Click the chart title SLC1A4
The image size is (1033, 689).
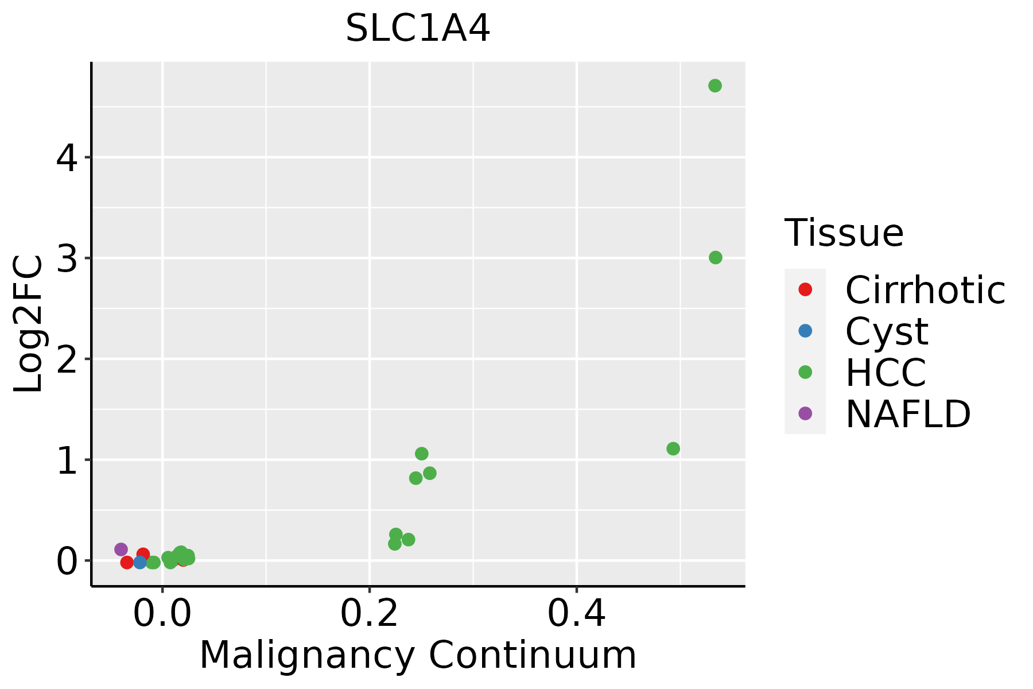click(418, 29)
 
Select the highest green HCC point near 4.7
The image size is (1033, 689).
click(714, 86)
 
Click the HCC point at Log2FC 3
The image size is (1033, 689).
click(715, 258)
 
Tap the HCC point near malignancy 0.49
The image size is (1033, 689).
click(673, 448)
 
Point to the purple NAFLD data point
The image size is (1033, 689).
click(121, 549)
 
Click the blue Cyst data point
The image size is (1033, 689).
click(139, 562)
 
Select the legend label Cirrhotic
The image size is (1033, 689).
click(925, 291)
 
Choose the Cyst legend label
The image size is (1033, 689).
click(887, 332)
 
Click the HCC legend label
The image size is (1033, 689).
click(886, 373)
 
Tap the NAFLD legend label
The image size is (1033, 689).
click(908, 414)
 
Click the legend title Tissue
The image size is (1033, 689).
click(844, 233)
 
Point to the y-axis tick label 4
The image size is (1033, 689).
click(67, 157)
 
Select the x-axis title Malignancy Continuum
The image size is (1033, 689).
click(418, 655)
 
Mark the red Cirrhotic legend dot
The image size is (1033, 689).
click(805, 289)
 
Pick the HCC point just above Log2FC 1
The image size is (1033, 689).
click(421, 454)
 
